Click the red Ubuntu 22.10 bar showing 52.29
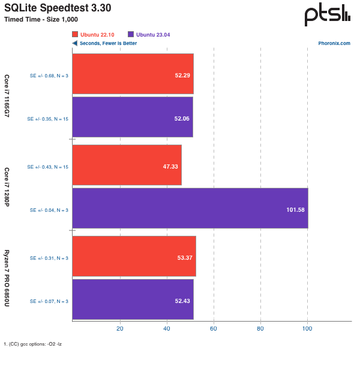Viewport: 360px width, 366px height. [133, 74]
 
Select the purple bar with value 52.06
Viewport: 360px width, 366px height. [133, 117]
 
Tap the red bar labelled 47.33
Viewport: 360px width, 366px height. [127, 165]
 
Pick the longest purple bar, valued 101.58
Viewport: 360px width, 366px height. [190, 208]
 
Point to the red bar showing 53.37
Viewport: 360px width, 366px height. [134, 256]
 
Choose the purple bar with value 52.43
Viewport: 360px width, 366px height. [133, 299]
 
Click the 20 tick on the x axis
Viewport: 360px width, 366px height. [120, 329]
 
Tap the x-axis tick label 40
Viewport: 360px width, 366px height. [167, 329]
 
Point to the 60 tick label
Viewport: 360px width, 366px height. [214, 329]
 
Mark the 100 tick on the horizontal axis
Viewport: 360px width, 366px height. [307, 329]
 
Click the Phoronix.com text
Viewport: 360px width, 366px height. [334, 43]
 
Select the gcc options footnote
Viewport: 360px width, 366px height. [33, 344]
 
